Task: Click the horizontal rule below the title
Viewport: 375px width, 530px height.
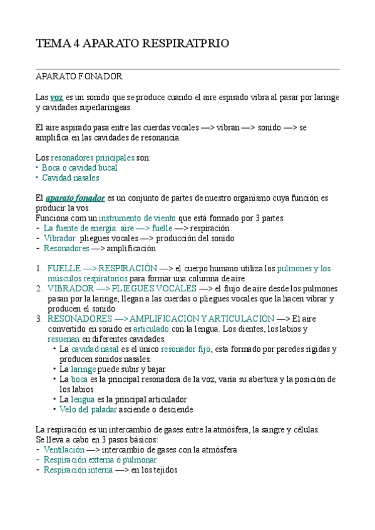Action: (x=187, y=69)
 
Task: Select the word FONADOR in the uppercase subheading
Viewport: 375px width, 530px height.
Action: (x=101, y=77)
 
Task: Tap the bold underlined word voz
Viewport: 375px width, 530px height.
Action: (x=56, y=97)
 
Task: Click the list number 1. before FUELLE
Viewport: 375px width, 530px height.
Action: (x=39, y=269)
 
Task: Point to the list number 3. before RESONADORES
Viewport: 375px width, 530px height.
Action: (x=39, y=319)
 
